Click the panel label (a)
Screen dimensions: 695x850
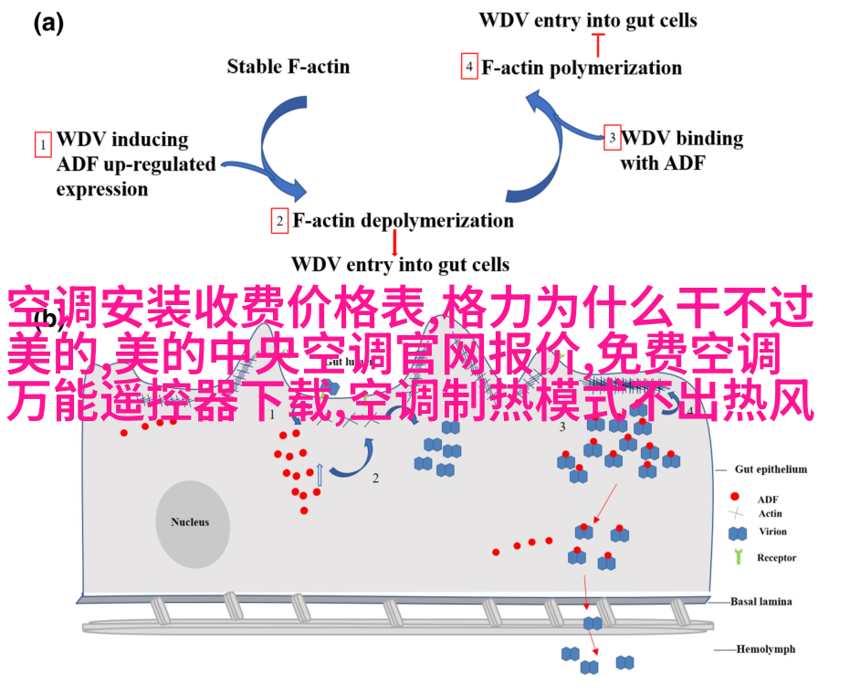48,25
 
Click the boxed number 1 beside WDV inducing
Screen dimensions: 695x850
42,144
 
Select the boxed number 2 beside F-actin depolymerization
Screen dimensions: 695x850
279,221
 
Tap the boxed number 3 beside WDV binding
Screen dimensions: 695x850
613,139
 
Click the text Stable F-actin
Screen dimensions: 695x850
288,66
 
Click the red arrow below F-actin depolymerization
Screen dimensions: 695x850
394,242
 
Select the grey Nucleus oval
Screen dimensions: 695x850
190,522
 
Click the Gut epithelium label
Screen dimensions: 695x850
771,469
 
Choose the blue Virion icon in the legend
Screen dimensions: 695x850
737,532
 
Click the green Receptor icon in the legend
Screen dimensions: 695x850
737,557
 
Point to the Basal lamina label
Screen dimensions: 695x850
761,602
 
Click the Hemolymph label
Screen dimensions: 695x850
766,649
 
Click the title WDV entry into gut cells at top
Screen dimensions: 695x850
588,19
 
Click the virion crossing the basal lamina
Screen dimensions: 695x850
593,624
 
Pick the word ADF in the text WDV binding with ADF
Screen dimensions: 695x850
695,163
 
